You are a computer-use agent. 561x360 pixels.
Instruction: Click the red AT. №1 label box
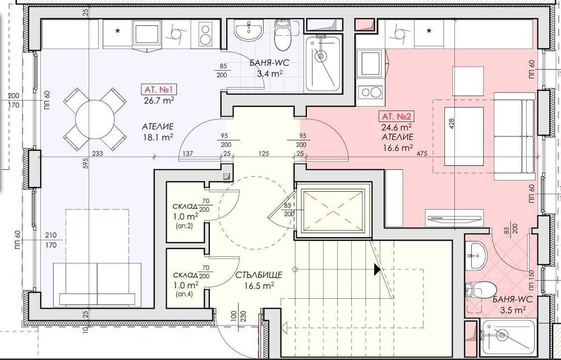[x=158, y=89]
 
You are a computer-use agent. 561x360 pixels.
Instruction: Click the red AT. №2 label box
[x=397, y=117]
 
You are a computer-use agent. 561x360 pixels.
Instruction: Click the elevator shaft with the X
[x=335, y=211]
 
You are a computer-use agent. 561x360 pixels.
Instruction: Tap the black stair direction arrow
[x=378, y=270]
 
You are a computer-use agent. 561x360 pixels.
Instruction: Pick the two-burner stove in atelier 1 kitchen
[x=206, y=33]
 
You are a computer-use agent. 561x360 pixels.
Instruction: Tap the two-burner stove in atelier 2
[x=371, y=91]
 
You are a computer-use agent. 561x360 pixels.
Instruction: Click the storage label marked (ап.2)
[x=184, y=227]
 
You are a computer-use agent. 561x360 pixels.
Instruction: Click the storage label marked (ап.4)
[x=184, y=294]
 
